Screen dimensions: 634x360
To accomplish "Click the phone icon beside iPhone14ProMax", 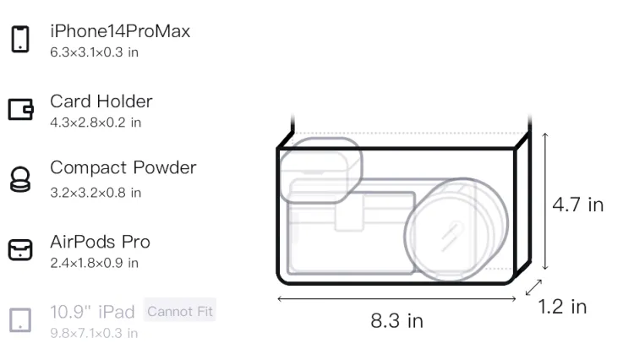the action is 20,39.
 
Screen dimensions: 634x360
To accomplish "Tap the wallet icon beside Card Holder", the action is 20,109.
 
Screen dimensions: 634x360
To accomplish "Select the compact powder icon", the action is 20,179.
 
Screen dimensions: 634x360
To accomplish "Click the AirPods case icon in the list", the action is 20,249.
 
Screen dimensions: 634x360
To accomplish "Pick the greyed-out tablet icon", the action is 20,320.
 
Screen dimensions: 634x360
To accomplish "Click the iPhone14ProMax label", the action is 120,31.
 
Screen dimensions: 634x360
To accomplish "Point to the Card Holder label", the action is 101,101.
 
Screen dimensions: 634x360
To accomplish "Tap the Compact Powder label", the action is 123,167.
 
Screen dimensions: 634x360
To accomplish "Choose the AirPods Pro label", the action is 100,242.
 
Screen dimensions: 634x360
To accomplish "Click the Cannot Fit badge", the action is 180,311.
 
